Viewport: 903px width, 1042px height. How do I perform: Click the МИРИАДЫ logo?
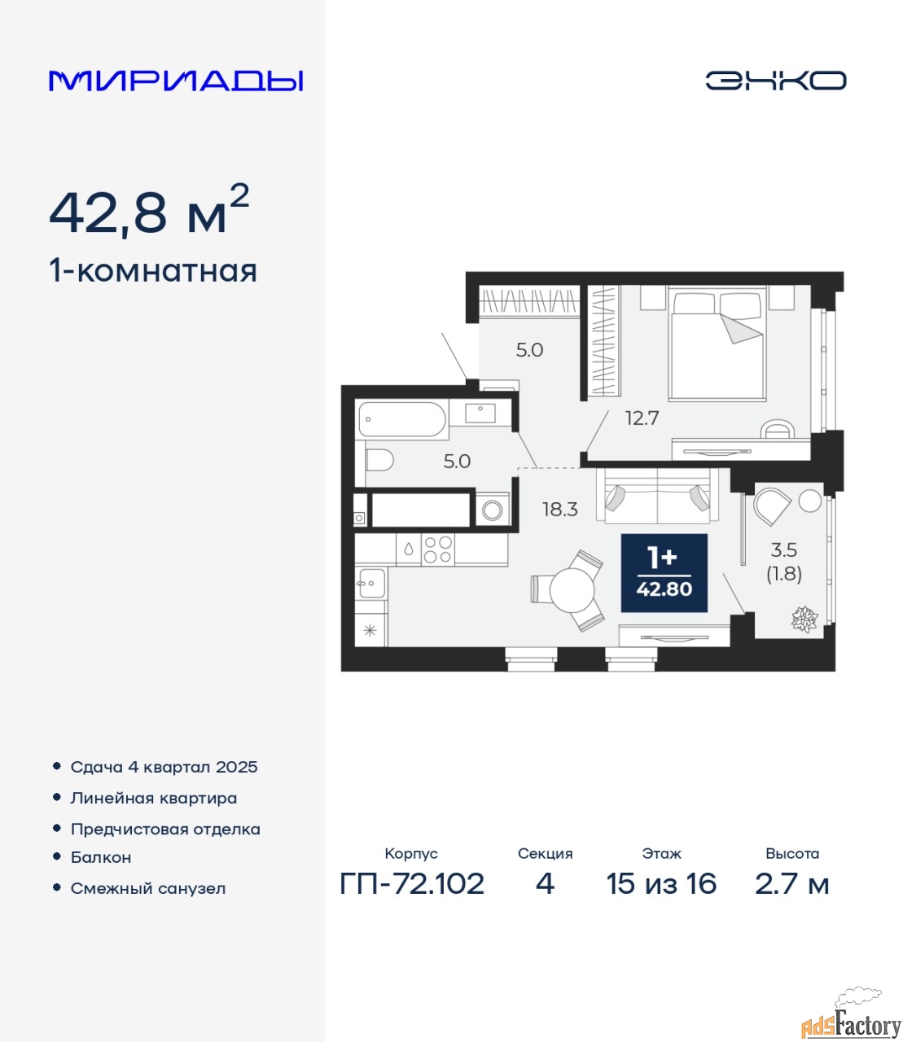tap(176, 81)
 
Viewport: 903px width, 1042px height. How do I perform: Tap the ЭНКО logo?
tap(775, 81)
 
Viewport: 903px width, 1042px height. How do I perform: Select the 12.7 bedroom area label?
tap(642, 418)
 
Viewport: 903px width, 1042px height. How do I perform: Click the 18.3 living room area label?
tap(559, 509)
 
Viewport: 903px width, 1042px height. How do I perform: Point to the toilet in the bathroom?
tap(379, 460)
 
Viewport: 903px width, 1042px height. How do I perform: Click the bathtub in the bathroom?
tap(402, 419)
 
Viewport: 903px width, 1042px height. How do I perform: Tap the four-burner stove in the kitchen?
tap(437, 549)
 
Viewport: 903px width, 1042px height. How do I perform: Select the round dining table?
tap(572, 590)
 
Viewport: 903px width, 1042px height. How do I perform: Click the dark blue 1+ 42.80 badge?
tap(664, 573)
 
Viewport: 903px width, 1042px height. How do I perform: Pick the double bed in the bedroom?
tap(717, 344)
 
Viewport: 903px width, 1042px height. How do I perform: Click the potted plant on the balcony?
tap(804, 619)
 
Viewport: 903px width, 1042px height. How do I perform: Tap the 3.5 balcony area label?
tap(783, 549)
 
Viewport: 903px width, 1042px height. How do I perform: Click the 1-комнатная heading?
tap(153, 271)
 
